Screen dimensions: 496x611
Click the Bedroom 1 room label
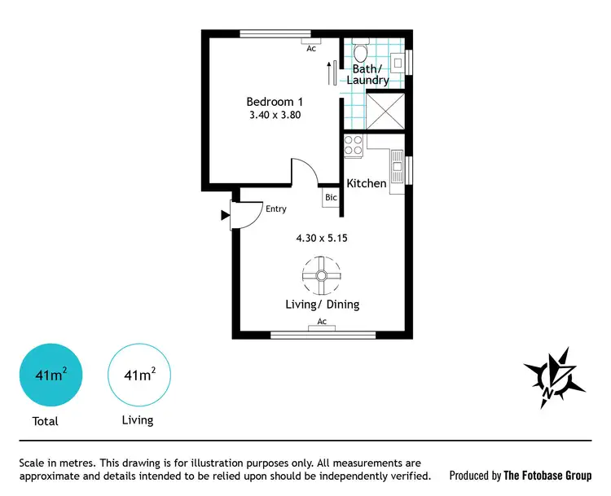tap(275, 102)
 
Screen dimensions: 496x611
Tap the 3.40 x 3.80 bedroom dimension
tap(275, 116)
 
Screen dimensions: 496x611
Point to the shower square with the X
tap(385, 112)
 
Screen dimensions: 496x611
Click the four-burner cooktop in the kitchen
tap(354, 147)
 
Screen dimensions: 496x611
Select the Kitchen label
tap(367, 183)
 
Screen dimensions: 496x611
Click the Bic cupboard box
tap(331, 197)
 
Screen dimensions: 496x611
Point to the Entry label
tap(275, 209)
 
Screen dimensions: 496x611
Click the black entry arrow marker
tap(225, 216)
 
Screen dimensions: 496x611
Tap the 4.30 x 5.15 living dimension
tap(322, 239)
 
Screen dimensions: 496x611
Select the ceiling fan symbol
tap(321, 276)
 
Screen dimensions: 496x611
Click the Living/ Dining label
tap(322, 305)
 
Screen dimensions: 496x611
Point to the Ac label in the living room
tap(322, 322)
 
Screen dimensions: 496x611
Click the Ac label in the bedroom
tap(311, 48)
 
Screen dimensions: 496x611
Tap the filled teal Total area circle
tap(51, 375)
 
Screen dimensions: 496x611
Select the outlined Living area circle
tap(140, 375)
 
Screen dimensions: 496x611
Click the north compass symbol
tap(554, 377)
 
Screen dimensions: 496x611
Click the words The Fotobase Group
tap(547, 476)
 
